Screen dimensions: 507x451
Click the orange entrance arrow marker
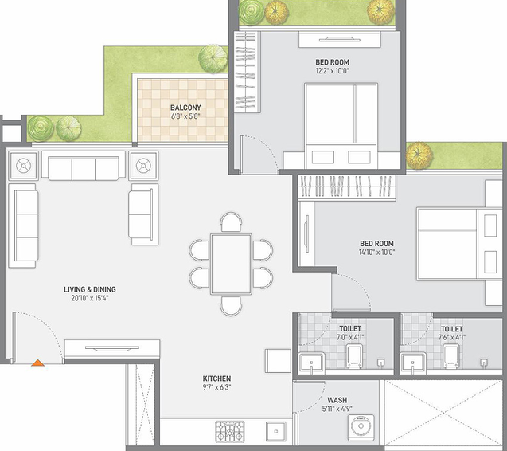click(x=37, y=363)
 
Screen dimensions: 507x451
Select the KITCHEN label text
click(x=216, y=378)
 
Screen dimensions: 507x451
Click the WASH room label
click(x=337, y=400)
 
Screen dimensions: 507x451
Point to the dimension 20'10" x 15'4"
click(x=90, y=298)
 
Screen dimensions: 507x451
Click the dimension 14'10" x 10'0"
click(x=376, y=252)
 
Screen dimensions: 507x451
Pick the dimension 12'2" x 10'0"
click(x=332, y=71)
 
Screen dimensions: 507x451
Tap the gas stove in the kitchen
click(x=230, y=431)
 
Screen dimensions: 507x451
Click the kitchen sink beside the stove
click(x=276, y=431)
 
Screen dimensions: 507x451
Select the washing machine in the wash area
click(x=361, y=427)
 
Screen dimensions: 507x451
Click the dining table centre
click(x=231, y=265)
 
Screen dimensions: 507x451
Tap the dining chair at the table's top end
click(x=231, y=222)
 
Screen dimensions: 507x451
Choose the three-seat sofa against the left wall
click(x=22, y=225)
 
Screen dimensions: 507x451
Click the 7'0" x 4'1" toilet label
click(x=350, y=337)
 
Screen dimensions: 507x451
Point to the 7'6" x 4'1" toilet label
click(x=452, y=337)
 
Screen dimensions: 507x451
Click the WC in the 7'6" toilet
click(x=452, y=356)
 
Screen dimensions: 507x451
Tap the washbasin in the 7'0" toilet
click(x=311, y=362)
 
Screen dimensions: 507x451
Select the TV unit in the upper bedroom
click(x=340, y=40)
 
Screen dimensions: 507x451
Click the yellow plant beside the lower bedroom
click(x=419, y=155)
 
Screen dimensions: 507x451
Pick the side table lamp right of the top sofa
click(x=143, y=166)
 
